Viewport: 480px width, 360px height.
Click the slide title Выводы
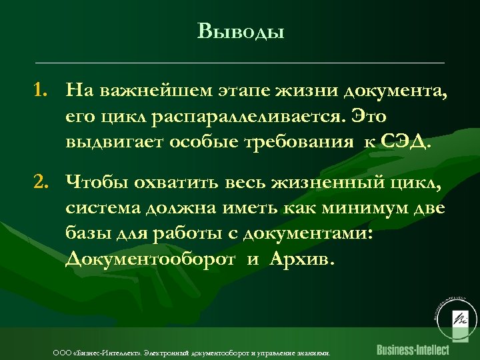pos(241,31)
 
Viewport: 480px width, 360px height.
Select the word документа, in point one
pos(395,90)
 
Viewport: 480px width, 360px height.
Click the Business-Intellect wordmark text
pos(413,349)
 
